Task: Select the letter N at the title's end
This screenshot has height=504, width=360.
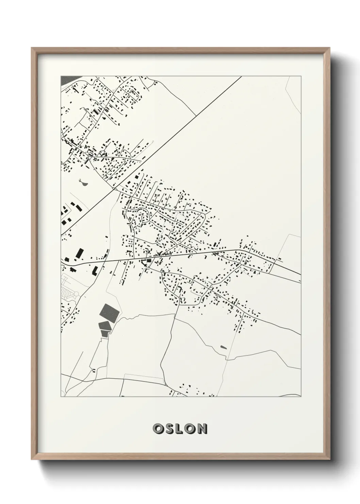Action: [x=202, y=429]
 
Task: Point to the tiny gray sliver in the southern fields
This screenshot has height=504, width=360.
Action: [x=223, y=347]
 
